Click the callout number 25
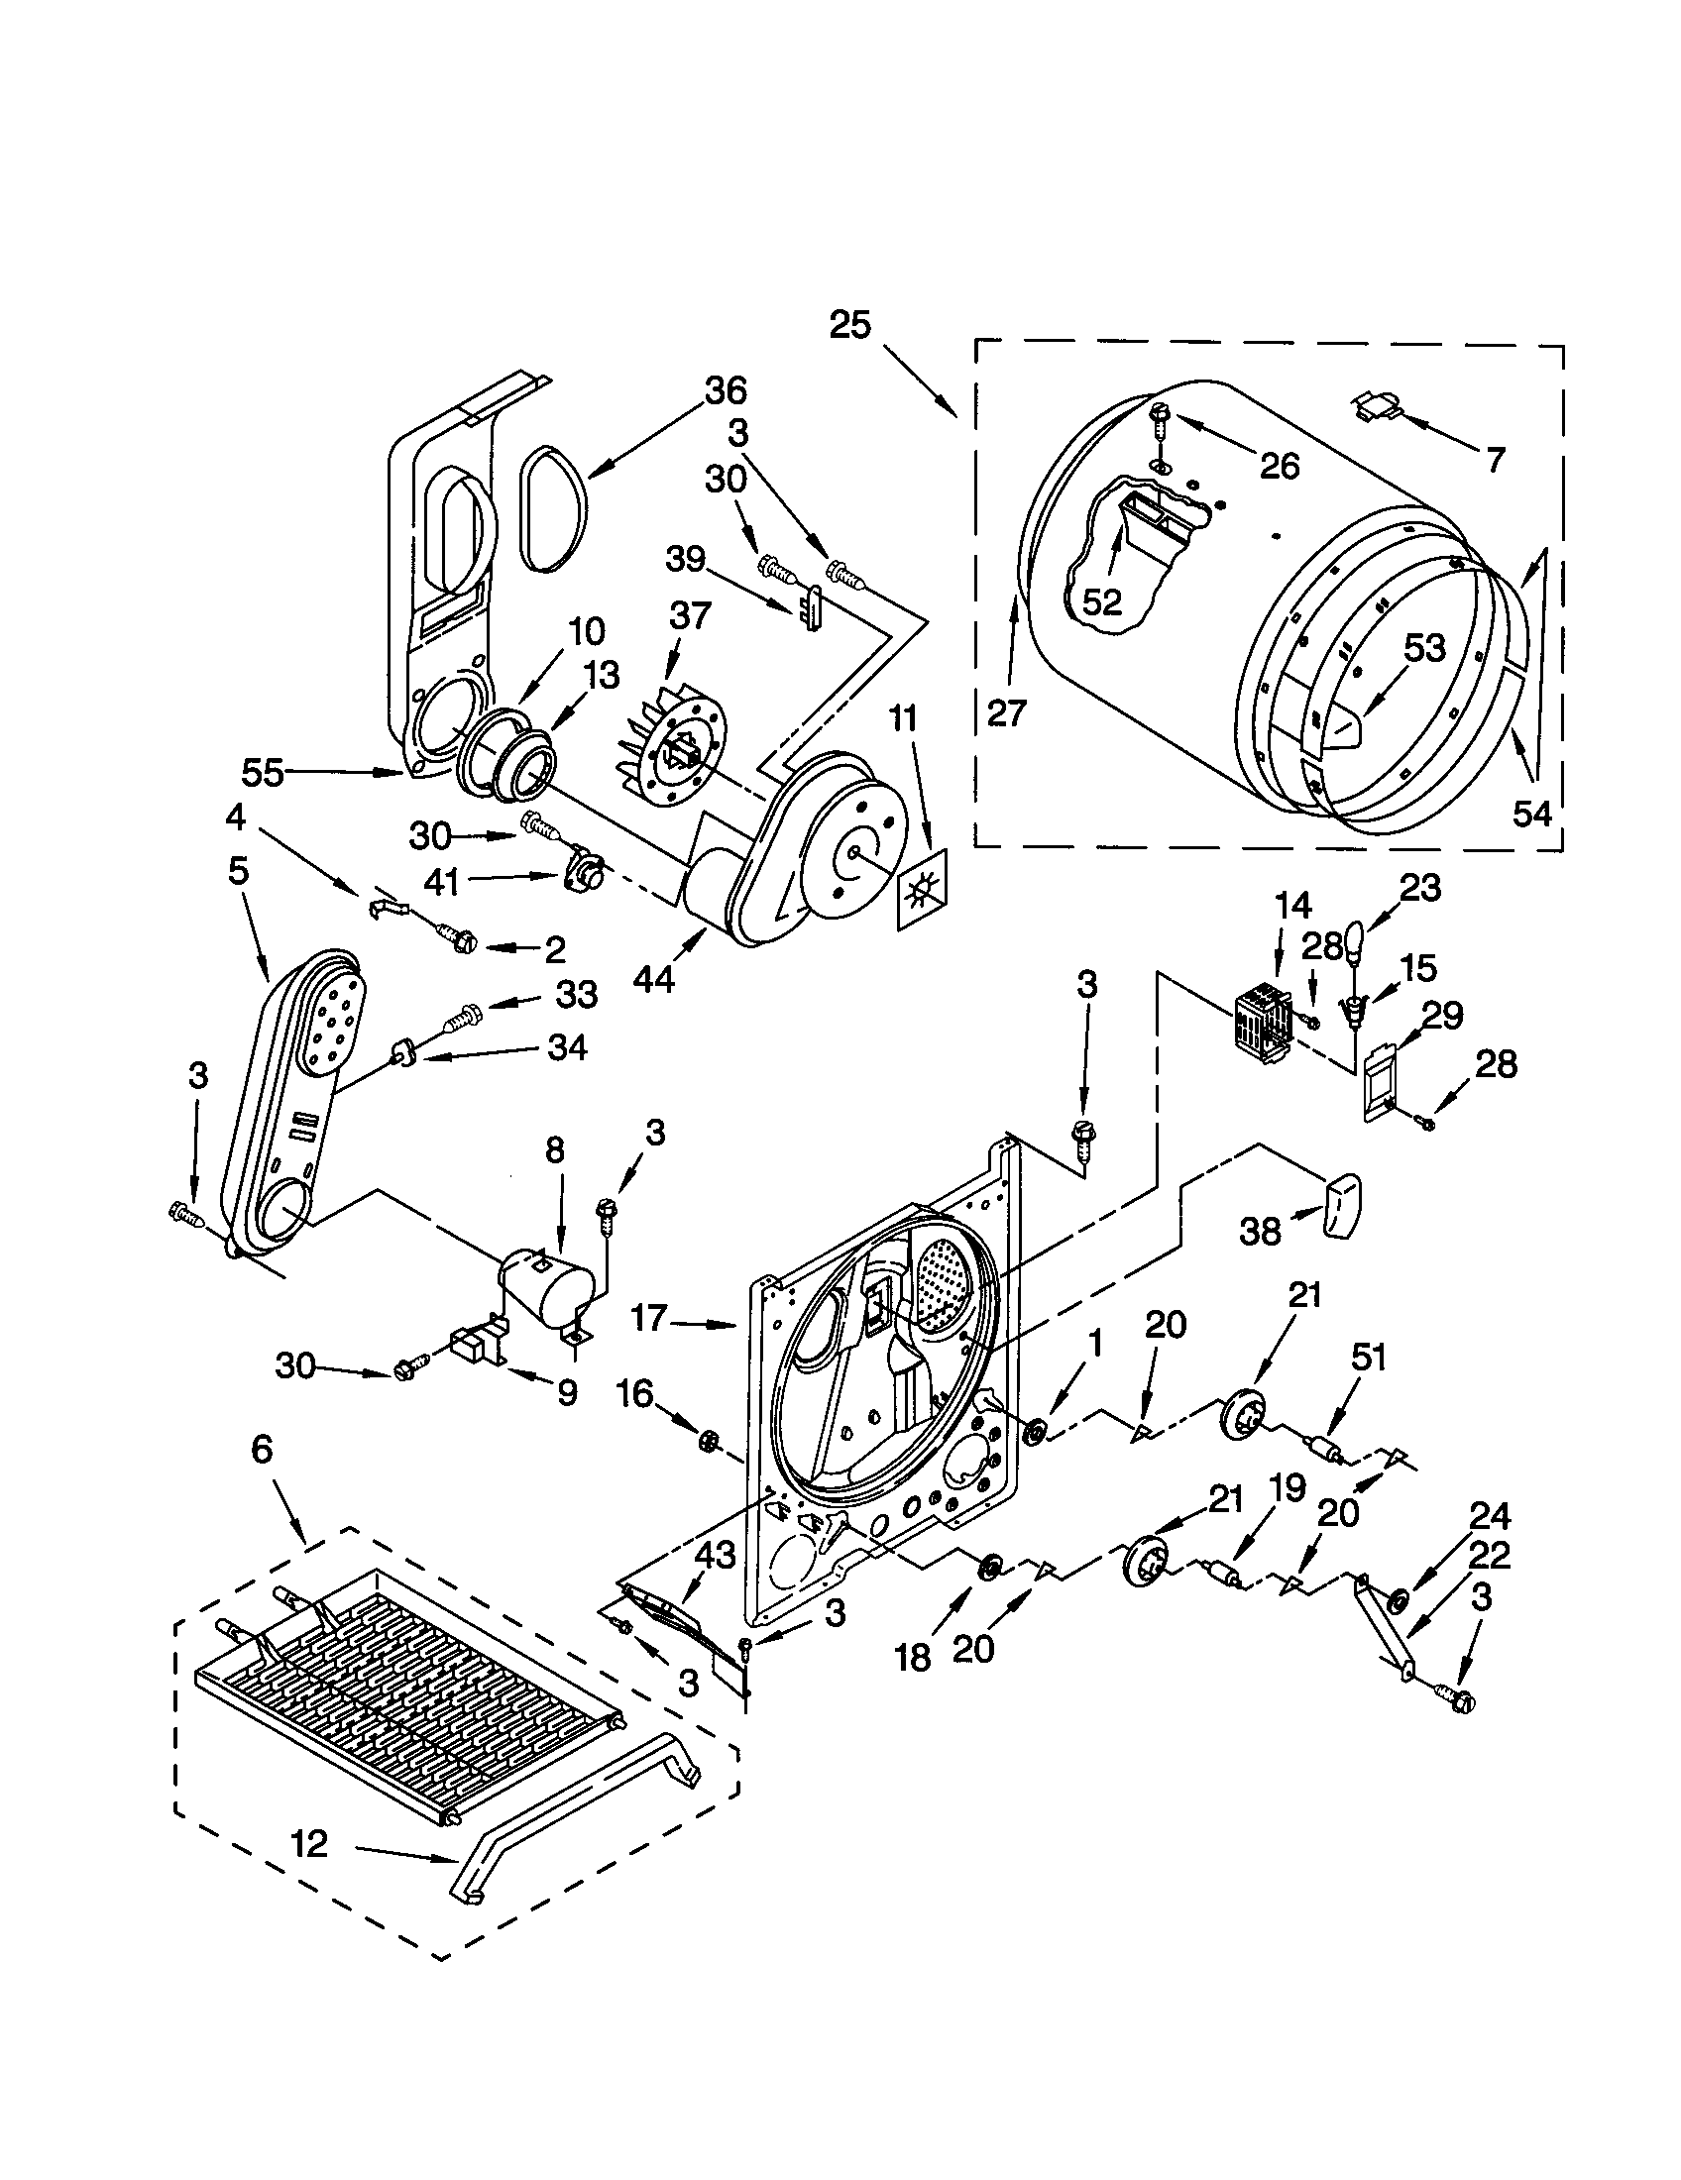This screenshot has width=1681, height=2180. tap(849, 325)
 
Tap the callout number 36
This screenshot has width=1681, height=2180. tap(726, 391)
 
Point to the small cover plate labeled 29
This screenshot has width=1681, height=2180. tap(1378, 1080)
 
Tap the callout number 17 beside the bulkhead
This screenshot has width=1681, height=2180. tap(649, 1319)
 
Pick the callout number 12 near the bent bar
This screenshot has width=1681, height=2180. tap(309, 1844)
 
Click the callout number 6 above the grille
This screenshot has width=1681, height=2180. tap(262, 1449)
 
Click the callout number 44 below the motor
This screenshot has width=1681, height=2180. tap(654, 980)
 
